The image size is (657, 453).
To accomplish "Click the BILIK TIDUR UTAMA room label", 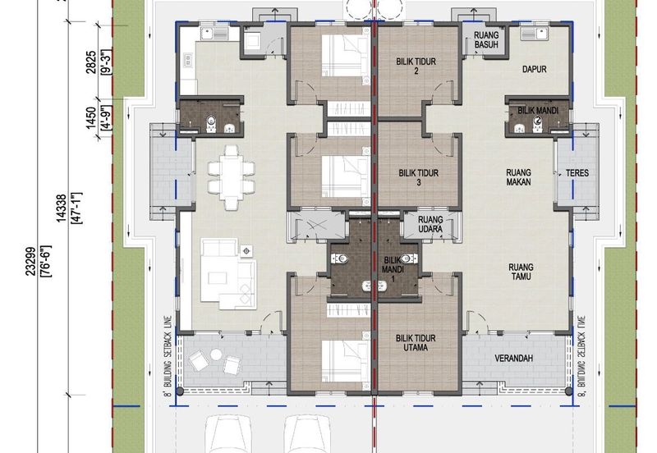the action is (x=416, y=342).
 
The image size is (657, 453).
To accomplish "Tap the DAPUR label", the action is (x=535, y=69).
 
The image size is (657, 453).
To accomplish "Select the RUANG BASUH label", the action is (x=486, y=39).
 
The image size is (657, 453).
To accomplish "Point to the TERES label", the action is (x=577, y=173).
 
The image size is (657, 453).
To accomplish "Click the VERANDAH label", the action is (x=514, y=359).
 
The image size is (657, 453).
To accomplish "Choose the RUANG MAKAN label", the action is (x=519, y=177).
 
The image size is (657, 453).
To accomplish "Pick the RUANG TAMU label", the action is (x=521, y=272).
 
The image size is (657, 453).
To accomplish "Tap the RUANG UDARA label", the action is (x=430, y=224).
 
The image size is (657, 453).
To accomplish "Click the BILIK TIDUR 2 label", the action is (x=416, y=66).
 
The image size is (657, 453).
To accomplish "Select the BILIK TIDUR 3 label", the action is (x=419, y=177).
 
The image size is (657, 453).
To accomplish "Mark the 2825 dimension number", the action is (x=91, y=62).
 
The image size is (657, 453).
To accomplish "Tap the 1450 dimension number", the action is (x=91, y=118).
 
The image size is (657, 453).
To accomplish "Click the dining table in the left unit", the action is (x=232, y=177).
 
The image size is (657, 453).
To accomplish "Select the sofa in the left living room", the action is (x=229, y=274).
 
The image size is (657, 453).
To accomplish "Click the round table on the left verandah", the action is (x=216, y=355).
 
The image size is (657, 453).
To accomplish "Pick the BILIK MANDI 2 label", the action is (x=538, y=115).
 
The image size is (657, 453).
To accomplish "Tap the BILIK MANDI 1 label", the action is (x=393, y=269).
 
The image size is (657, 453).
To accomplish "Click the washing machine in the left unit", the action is (x=253, y=40).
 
